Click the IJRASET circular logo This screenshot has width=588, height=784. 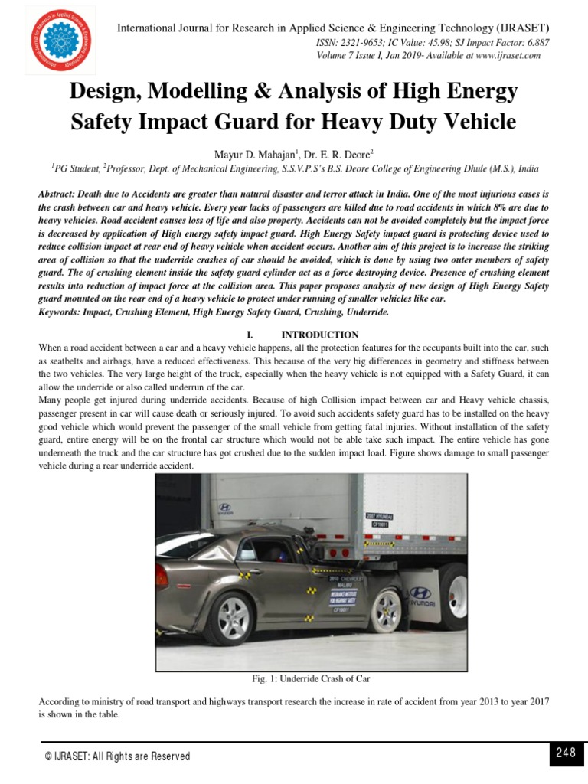[x=61, y=41]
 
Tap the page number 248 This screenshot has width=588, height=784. [x=566, y=753]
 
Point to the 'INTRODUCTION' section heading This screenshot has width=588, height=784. [x=319, y=335]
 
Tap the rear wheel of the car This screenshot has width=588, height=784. [x=233, y=618]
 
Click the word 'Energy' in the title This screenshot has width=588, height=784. [x=479, y=93]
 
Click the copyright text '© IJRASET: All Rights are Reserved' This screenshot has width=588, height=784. [x=118, y=756]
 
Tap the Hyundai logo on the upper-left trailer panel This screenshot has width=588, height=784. [x=224, y=507]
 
